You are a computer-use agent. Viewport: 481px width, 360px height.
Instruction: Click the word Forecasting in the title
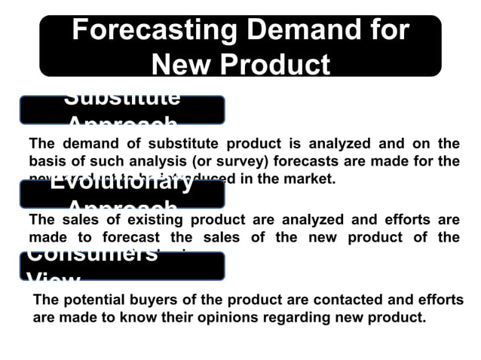152,30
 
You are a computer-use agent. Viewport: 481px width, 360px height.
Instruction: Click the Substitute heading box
122,109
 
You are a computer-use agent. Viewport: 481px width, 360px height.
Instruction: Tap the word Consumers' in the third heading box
92,255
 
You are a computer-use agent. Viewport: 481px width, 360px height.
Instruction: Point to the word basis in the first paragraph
45,160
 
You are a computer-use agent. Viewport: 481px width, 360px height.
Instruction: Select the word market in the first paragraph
308,179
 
